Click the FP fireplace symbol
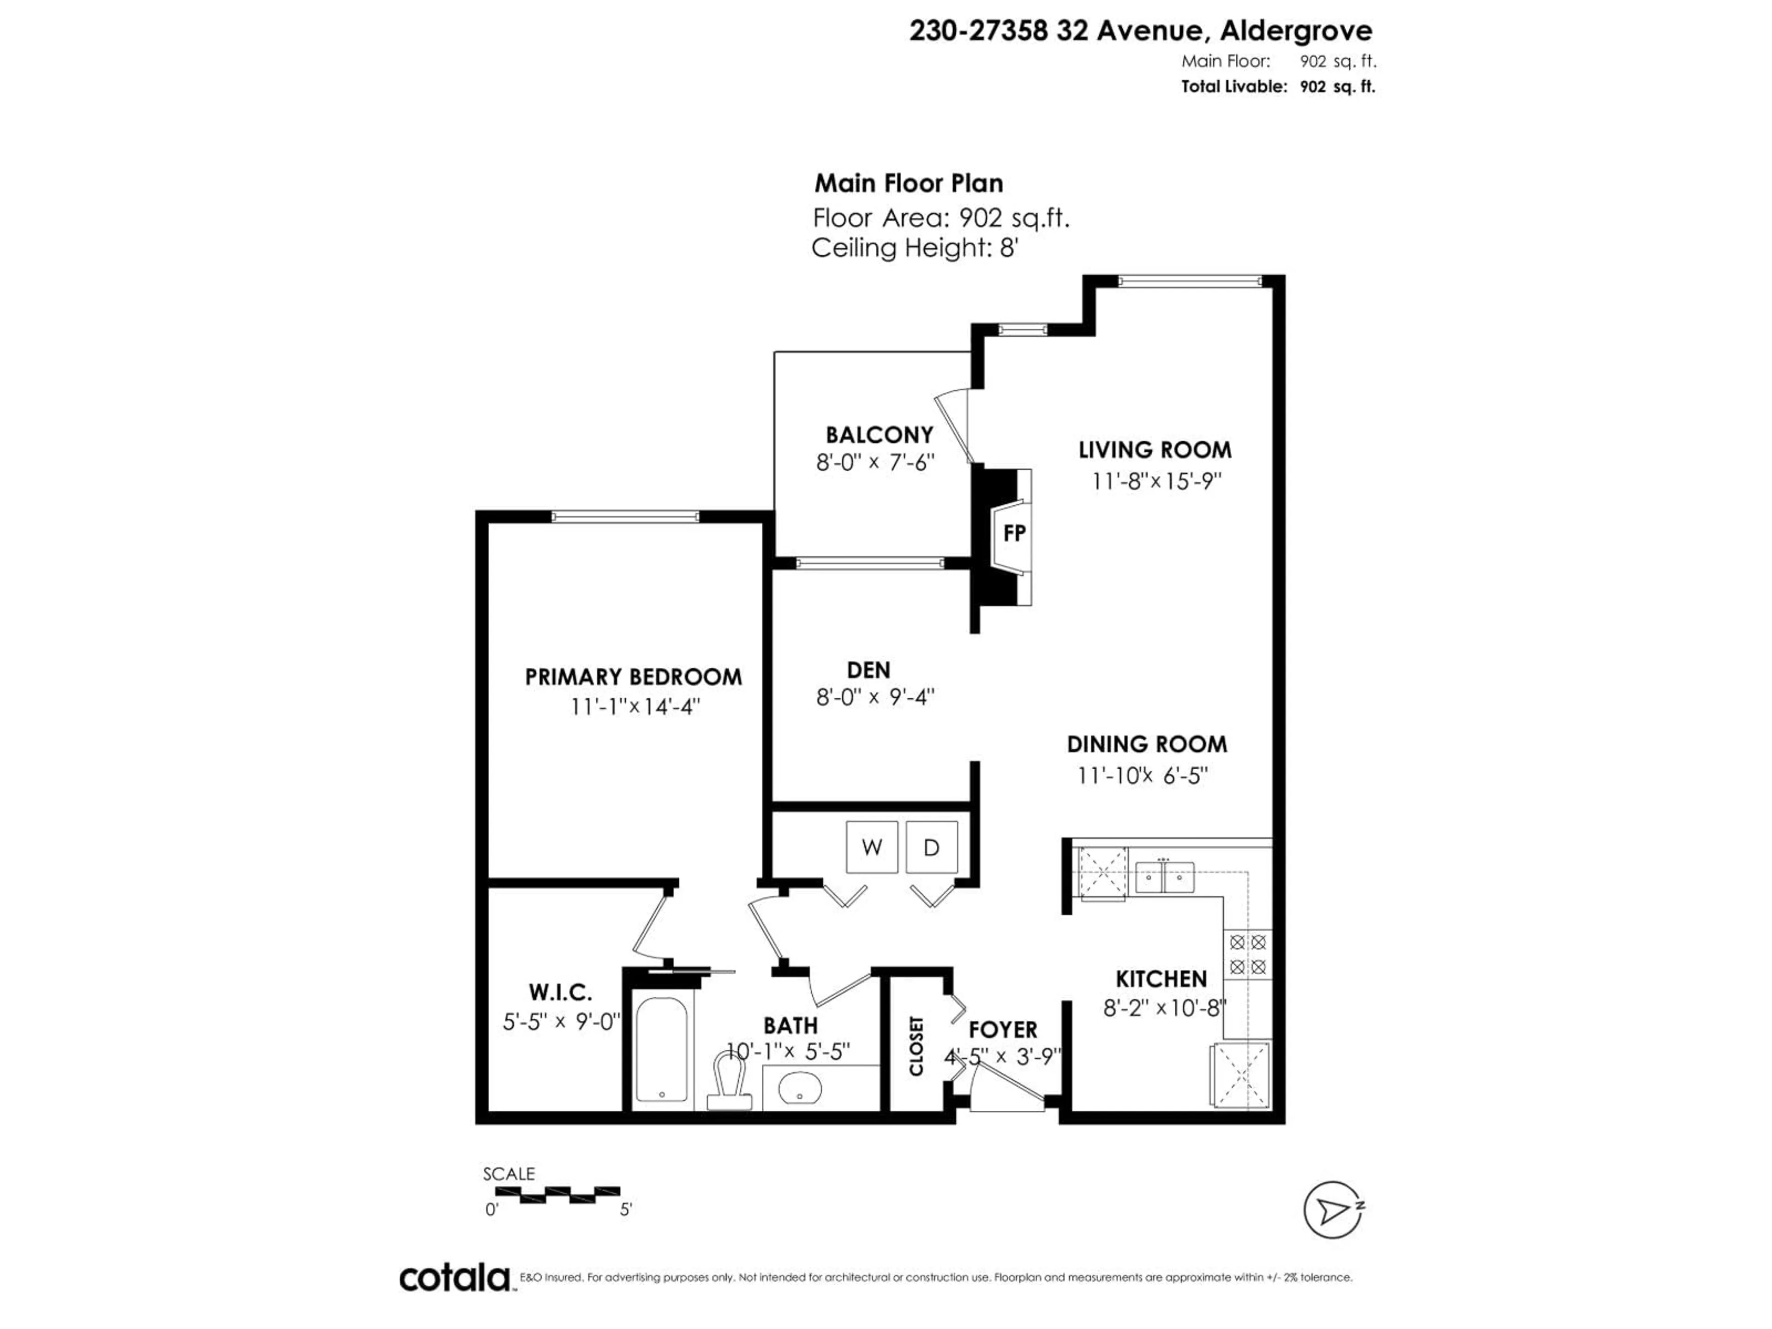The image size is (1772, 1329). click(1013, 533)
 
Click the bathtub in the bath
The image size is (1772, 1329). click(662, 1049)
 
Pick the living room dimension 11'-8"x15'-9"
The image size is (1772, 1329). click(1155, 481)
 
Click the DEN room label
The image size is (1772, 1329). click(868, 670)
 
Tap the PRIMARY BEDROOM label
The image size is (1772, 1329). click(633, 677)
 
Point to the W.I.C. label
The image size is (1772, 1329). click(560, 993)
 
